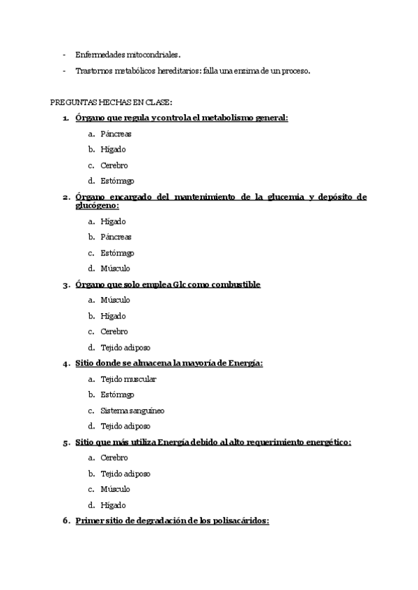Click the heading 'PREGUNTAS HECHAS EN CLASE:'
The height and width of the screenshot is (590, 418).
tap(106, 102)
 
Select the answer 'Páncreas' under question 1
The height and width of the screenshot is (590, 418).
tap(116, 134)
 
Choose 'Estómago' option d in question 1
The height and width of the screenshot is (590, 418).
tap(117, 182)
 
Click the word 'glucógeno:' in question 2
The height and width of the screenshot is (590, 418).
tap(97, 205)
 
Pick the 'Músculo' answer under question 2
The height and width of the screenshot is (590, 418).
tap(115, 269)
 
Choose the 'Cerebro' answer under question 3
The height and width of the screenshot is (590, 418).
tap(114, 332)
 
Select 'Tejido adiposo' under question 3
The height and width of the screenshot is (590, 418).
tap(125, 347)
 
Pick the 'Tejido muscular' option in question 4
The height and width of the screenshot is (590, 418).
tap(128, 379)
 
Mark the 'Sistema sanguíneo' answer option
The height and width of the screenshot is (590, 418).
tap(132, 410)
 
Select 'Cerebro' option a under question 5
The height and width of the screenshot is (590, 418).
tap(114, 458)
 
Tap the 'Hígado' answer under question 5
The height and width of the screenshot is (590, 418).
tap(113, 505)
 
